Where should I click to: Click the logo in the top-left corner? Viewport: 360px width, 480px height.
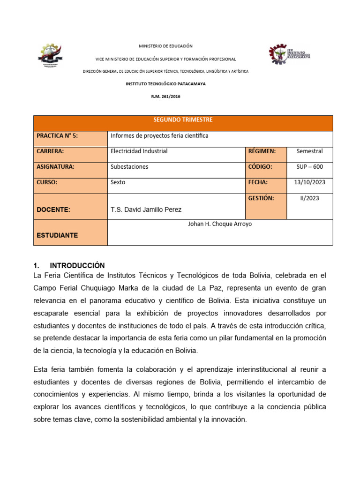tap(49, 55)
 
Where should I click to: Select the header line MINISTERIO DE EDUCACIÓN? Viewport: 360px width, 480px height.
tap(165, 46)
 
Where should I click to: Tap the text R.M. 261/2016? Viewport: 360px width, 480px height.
tap(165, 96)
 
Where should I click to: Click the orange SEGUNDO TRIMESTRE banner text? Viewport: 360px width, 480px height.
tap(183, 120)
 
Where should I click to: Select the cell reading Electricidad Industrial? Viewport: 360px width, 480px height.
tap(139, 151)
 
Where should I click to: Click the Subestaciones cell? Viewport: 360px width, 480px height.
tap(129, 167)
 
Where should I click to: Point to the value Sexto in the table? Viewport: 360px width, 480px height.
tap(118, 182)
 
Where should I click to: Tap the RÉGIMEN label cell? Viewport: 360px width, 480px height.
tap(262, 151)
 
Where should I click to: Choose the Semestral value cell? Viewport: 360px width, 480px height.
tap(309, 151)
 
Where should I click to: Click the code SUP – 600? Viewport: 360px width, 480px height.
tap(309, 167)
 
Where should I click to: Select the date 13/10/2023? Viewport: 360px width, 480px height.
tap(309, 182)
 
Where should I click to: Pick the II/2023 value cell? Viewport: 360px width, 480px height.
tap(309, 198)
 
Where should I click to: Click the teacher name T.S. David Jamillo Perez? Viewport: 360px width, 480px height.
tap(145, 210)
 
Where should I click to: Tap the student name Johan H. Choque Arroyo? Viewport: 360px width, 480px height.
tap(219, 224)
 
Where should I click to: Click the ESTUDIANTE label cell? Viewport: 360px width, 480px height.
tap(57, 235)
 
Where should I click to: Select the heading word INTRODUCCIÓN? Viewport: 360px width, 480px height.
tap(77, 266)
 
